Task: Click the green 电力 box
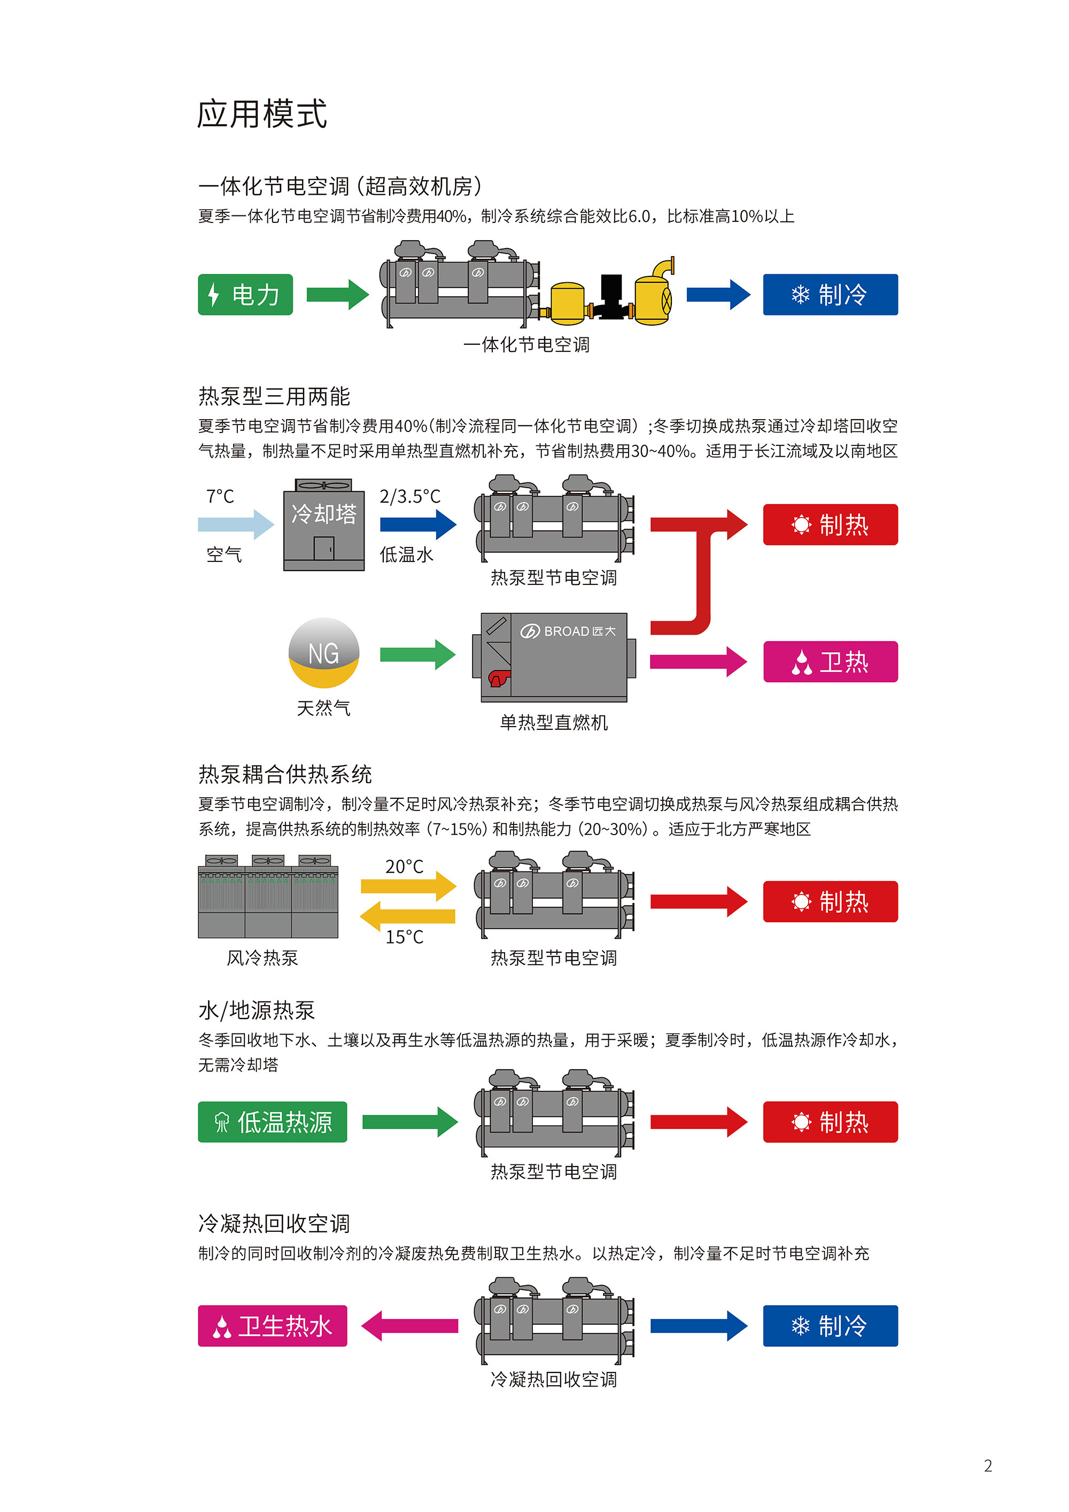245,295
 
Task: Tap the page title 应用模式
262,114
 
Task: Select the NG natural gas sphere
324,653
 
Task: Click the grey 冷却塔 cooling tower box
324,526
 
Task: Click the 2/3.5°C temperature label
410,496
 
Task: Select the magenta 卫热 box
830,661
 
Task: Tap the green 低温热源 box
272,1122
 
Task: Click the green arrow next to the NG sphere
417,654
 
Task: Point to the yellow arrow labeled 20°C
408,886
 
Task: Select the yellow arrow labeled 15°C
408,916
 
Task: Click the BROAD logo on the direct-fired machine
568,631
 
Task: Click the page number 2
987,1465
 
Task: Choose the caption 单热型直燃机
554,722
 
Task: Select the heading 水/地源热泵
257,1010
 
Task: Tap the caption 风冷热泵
262,958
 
